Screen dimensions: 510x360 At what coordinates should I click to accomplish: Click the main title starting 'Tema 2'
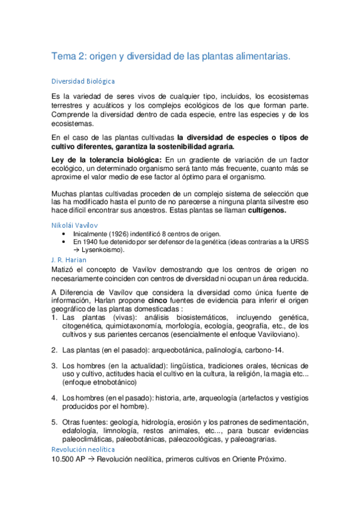[171, 56]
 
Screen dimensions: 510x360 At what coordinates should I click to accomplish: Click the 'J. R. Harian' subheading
[69, 259]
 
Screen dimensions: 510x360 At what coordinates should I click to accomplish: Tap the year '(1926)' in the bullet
[118, 233]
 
